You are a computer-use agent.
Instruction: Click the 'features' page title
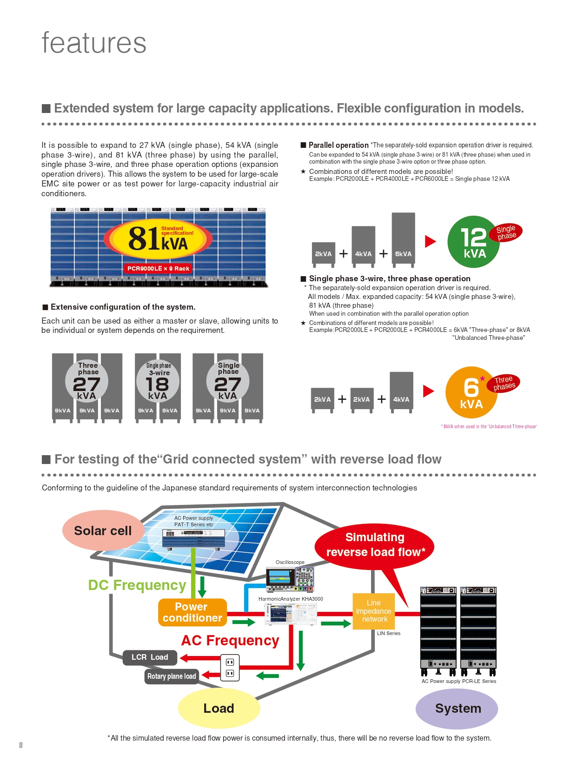point(94,43)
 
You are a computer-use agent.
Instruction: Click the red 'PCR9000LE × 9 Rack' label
point(158,268)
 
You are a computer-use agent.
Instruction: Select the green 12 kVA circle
point(473,242)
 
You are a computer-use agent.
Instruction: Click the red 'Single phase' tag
point(506,232)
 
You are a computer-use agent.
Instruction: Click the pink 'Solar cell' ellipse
point(103,530)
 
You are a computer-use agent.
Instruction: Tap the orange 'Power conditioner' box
point(192,612)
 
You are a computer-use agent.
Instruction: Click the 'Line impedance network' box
point(374,611)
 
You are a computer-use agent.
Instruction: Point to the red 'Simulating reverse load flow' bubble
point(375,544)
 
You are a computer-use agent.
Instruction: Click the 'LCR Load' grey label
point(150,657)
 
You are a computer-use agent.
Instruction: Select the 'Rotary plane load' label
point(172,676)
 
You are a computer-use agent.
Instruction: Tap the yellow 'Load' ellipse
point(219,708)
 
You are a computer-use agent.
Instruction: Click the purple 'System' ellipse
point(458,708)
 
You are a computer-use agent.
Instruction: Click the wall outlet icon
point(230,667)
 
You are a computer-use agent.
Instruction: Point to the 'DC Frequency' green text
point(137,585)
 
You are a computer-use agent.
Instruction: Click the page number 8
point(21,745)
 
